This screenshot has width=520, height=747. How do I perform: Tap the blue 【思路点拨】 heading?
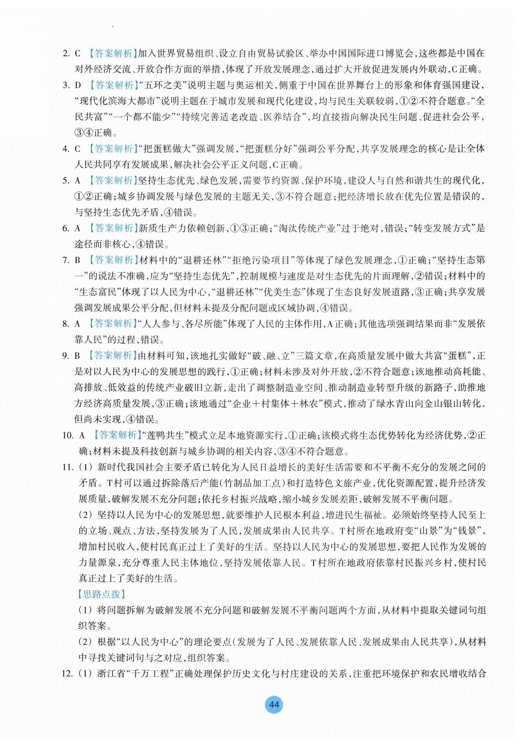[102, 594]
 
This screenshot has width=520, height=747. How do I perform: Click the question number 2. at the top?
[66, 53]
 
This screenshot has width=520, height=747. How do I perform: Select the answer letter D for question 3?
[78, 85]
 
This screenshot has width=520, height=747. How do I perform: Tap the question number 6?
[66, 228]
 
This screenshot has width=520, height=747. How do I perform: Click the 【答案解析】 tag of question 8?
[112, 324]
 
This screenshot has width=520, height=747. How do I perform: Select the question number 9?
[66, 355]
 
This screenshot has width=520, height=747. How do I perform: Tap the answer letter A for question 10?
[82, 435]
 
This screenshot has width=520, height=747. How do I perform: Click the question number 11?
[68, 467]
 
